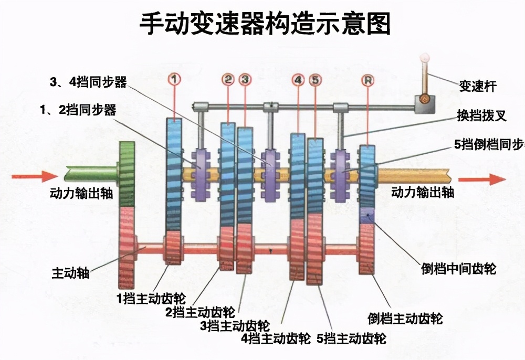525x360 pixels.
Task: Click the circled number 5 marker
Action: pos(314,80)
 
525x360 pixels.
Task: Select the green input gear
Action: pos(127,173)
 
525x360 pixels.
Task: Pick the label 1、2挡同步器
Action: pos(77,110)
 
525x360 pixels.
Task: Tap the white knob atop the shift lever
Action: pos(425,58)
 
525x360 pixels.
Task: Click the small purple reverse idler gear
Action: pos(366,215)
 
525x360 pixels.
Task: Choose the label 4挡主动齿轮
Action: pos(276,338)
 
